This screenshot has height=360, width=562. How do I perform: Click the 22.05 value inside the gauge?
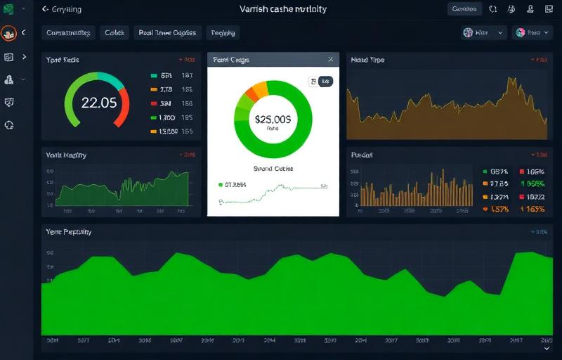pos(98,103)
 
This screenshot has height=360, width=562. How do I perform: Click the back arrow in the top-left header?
pos(46,9)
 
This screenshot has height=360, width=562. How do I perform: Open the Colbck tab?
pos(115,33)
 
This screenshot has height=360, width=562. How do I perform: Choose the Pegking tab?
pos(223,33)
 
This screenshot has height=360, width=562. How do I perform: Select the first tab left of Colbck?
pos(69,33)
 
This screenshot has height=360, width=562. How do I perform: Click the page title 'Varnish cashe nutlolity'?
pos(282,9)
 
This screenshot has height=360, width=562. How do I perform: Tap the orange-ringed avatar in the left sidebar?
pos(9,33)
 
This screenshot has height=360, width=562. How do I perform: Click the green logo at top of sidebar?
pos(9,9)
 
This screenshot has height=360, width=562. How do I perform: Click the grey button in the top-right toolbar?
pos(464,9)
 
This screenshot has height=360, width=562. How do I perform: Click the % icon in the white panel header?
pos(330,60)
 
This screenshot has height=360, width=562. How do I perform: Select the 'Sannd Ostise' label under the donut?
pos(273,169)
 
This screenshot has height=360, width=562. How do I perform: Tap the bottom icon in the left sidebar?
pos(9,124)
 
